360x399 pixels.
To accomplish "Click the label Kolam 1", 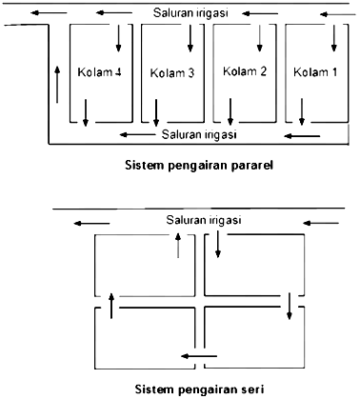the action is coord(315,72).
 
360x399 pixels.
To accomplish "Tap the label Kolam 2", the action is coord(245,71).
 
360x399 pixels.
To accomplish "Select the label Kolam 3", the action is coord(172,73).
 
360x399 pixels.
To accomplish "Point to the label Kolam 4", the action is coord(100,72).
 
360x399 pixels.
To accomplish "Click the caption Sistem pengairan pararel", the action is coord(199,166).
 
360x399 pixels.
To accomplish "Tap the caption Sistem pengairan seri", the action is coord(199,389).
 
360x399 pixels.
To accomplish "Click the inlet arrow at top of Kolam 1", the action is coord(333,38).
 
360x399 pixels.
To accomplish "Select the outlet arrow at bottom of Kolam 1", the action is coord(302,111).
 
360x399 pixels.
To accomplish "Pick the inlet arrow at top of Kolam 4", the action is coord(118,38).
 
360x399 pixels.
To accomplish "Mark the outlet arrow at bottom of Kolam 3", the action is coord(156,112).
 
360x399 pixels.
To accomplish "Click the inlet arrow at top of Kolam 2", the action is coord(260,38).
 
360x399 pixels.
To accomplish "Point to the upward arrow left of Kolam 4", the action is coord(57,85).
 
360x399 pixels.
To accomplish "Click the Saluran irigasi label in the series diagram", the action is coord(204,220).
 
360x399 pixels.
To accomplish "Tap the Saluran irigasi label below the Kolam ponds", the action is coord(199,134).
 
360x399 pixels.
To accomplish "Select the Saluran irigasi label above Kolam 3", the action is coord(190,12).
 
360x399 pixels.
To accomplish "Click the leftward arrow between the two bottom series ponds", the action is coord(199,356).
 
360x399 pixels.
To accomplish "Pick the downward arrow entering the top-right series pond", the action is coord(218,245).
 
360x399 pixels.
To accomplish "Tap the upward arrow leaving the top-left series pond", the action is coord(178,245).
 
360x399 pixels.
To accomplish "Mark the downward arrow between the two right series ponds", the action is coord(290,307).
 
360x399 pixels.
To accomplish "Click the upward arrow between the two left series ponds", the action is coord(111,306).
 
